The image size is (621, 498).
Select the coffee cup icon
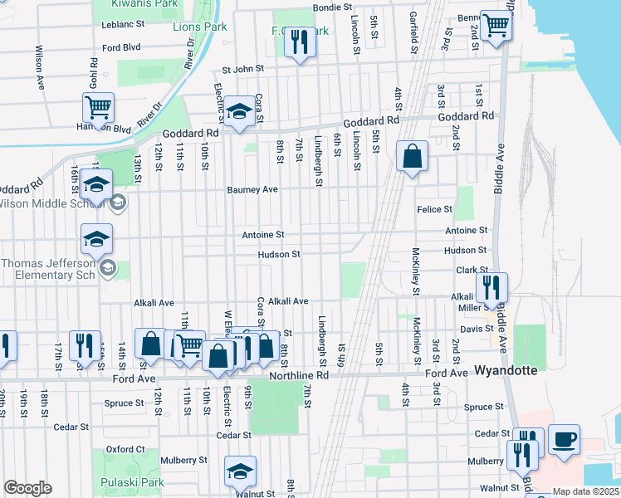pyautogui.click(x=564, y=439)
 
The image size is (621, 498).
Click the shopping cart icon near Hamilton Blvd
pyautogui.click(x=98, y=108)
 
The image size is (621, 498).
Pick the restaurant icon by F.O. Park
pyautogui.click(x=301, y=41)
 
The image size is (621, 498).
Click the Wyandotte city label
pyautogui.click(x=505, y=369)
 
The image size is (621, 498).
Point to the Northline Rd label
pyautogui.click(x=299, y=375)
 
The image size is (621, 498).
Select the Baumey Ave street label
pyautogui.click(x=252, y=189)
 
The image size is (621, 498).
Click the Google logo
pyautogui.click(x=27, y=487)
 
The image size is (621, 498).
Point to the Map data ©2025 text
pyautogui.click(x=586, y=491)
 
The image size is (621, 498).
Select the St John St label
pyautogui.click(x=242, y=69)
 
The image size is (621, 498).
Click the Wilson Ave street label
pyautogui.click(x=39, y=66)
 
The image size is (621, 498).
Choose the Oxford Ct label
pyautogui.click(x=125, y=449)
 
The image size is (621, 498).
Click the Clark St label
pyautogui.click(x=470, y=271)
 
